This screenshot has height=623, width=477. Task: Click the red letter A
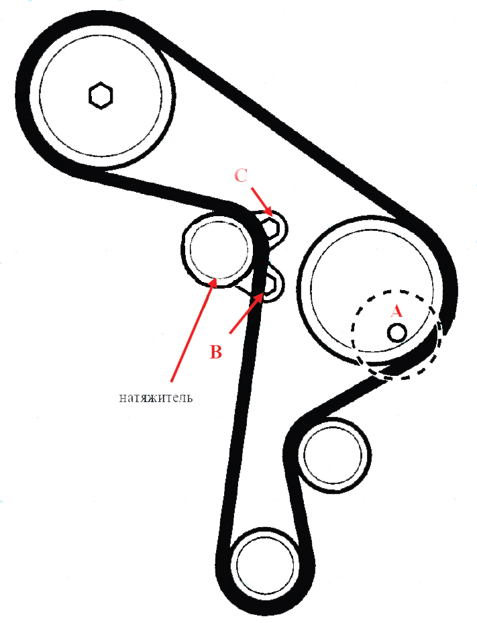click(396, 311)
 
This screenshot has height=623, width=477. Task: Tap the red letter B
click(215, 352)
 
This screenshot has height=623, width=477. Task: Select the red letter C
click(241, 175)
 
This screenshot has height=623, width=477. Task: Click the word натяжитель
click(156, 397)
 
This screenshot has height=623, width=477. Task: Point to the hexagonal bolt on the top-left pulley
click(101, 95)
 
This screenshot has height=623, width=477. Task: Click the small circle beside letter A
click(397, 332)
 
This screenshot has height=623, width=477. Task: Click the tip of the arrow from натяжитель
click(215, 278)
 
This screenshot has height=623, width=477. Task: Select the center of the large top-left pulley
click(101, 95)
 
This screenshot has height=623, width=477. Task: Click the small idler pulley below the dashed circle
click(333, 454)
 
